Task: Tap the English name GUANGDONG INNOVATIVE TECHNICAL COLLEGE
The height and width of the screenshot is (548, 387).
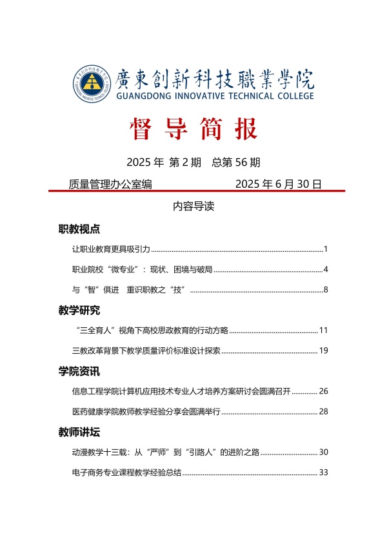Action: [215, 96]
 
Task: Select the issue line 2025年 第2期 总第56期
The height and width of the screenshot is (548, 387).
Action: [193, 161]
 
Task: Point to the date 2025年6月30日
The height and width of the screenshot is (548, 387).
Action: [278, 184]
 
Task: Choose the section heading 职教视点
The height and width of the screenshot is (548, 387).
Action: [79, 229]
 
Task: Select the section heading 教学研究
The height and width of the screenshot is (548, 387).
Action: [79, 310]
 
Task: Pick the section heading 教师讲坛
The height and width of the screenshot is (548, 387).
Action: [79, 432]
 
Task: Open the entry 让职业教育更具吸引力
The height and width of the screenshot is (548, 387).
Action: [112, 249]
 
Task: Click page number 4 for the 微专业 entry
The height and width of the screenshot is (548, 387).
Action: [326, 269]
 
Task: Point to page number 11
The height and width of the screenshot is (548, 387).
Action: [323, 330]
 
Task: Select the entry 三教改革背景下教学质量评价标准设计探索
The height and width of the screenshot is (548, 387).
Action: [147, 351]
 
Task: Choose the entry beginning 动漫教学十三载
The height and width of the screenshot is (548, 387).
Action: [166, 452]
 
